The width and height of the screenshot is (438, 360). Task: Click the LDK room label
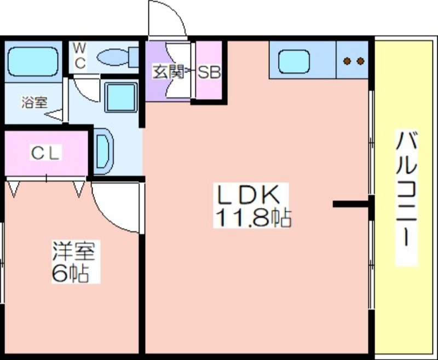(x=249, y=194)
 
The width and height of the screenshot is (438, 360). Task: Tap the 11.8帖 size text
(x=253, y=217)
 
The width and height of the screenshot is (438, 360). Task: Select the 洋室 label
(x=74, y=251)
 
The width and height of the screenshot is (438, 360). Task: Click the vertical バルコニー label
(x=406, y=189)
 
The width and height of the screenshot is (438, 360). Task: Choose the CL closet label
(x=46, y=153)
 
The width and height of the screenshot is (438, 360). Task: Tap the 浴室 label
(x=34, y=102)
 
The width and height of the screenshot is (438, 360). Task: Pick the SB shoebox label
(x=209, y=73)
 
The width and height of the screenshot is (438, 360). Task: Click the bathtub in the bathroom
(x=33, y=61)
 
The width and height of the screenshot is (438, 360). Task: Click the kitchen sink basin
(x=294, y=61)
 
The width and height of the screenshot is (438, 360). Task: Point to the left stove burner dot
(x=347, y=61)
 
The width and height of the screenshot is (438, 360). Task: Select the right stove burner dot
(x=360, y=61)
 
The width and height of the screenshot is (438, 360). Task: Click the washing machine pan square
(x=121, y=97)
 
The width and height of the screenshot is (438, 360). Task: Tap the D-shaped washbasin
(x=103, y=151)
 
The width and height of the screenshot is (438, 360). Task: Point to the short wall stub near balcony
(x=351, y=204)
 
